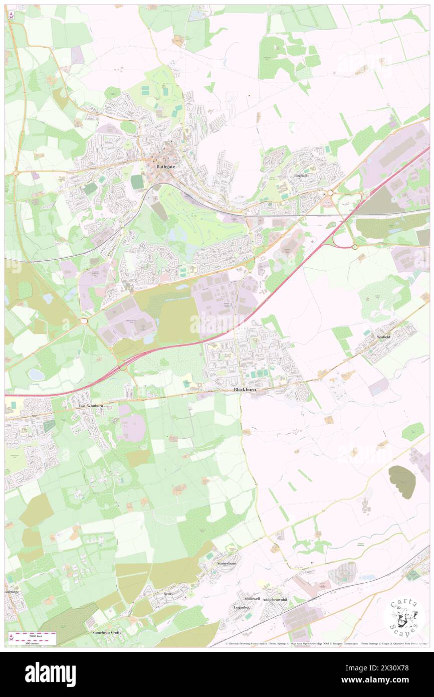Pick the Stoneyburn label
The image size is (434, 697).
pyautogui.click(x=226, y=563)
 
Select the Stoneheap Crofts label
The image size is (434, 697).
pyautogui.click(x=107, y=633)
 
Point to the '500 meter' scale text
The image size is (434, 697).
pyautogui.click(x=32, y=642)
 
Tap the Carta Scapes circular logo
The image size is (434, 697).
pyautogui.click(x=404, y=616)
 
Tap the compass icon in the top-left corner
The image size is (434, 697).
pyautogui.click(x=11, y=15)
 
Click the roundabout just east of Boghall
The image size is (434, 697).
pyautogui.click(x=330, y=193)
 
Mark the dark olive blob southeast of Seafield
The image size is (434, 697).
pyautogui.click(x=402, y=481)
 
